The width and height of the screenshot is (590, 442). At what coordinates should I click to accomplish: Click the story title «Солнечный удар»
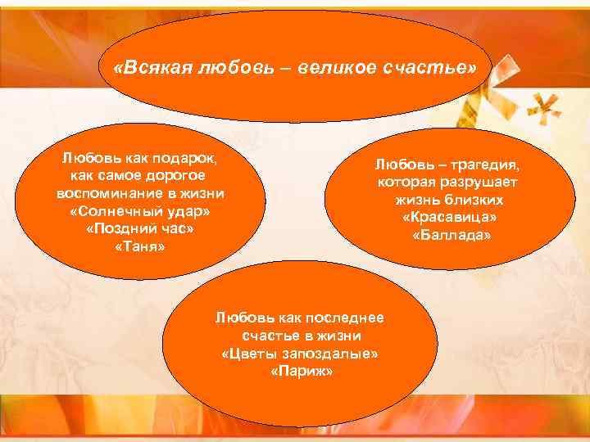click(140, 211)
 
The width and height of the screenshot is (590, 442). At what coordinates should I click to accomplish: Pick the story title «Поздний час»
click(140, 228)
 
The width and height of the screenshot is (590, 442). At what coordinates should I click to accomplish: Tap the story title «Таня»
click(140, 246)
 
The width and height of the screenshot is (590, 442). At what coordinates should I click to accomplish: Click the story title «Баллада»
click(450, 235)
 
